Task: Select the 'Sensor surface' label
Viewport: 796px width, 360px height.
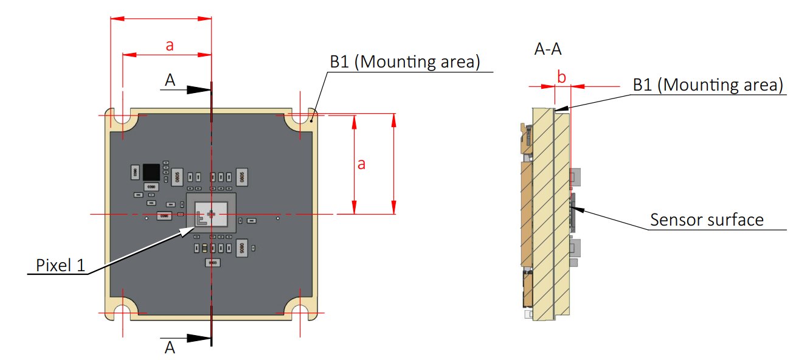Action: point(707,219)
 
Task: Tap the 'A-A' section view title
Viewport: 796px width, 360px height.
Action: point(547,49)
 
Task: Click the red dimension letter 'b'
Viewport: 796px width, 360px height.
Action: point(562,77)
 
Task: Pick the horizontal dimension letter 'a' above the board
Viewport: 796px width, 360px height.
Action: point(170,45)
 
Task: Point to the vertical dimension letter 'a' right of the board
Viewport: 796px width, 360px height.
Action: point(361,164)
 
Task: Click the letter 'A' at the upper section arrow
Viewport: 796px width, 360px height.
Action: point(171,79)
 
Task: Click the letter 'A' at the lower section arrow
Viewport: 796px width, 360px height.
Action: point(171,347)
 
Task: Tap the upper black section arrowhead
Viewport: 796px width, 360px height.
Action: point(198,89)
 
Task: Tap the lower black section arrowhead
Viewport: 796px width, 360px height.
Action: point(198,338)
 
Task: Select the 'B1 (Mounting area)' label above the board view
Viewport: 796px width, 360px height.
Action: point(405,61)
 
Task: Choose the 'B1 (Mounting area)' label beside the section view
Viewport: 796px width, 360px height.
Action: point(707,85)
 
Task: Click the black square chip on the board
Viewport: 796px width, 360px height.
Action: point(151,172)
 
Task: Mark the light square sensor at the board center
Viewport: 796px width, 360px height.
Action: point(210,215)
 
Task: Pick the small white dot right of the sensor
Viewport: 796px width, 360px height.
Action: point(278,218)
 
